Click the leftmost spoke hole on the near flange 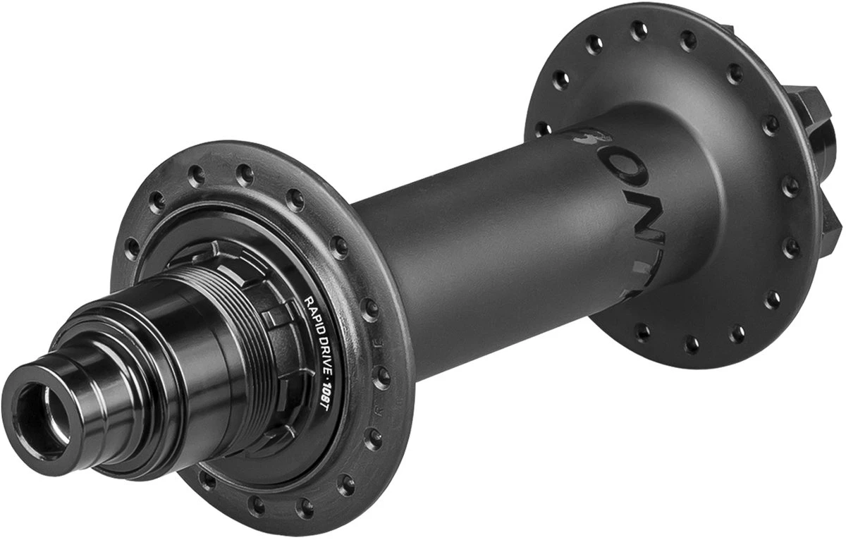[130, 247]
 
